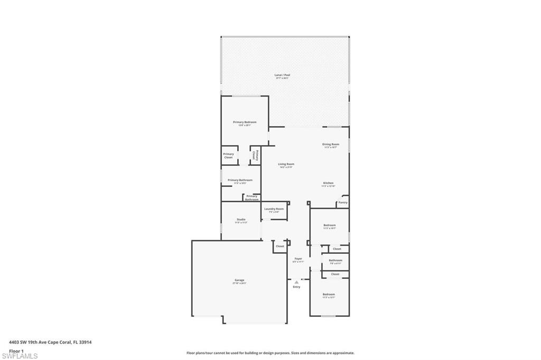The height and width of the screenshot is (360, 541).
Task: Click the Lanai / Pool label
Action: [282, 75]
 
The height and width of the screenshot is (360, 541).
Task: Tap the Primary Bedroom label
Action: [245, 122]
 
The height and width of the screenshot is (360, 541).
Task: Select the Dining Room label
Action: [331, 145]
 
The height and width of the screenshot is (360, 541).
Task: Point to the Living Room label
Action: [286, 165]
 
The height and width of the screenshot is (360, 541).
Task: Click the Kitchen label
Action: [329, 184]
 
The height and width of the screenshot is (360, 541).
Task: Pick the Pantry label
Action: [343, 202]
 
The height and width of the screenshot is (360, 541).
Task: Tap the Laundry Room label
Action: [274, 209]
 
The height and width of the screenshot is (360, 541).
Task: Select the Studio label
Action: [241, 220]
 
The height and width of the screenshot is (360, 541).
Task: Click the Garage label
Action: [239, 281]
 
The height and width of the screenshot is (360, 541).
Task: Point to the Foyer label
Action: [299, 259]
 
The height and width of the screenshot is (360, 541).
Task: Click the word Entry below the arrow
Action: [296, 287]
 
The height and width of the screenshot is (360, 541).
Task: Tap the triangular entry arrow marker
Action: [296, 282]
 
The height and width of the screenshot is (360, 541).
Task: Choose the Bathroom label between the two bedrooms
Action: [335, 260]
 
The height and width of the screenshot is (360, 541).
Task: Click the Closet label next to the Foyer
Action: [280, 247]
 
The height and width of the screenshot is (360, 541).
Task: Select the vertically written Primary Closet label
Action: [254, 155]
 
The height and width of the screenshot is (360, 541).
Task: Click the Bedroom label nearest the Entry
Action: [329, 295]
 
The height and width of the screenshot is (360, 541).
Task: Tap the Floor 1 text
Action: [16, 350]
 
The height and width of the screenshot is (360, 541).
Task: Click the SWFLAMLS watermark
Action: [20, 356]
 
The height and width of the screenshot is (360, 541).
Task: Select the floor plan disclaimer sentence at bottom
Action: [270, 353]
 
